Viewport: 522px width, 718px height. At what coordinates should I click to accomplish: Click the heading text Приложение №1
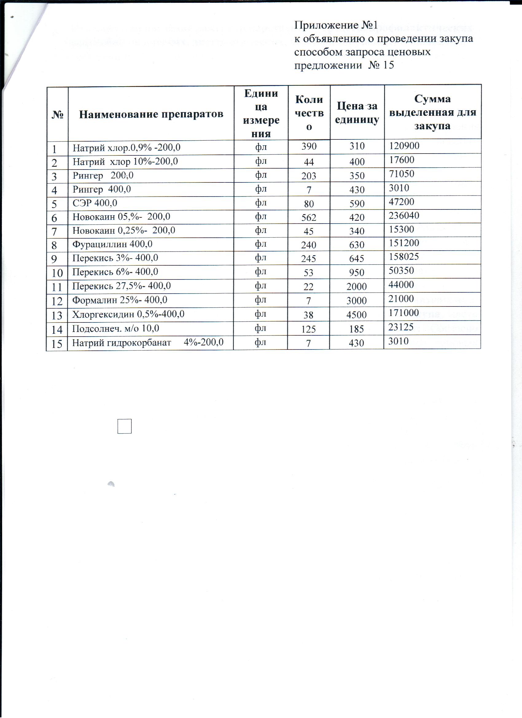[x=336, y=25]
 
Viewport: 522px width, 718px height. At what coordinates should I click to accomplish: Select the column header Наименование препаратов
[x=151, y=114]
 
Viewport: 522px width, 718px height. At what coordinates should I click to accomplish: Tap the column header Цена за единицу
[x=357, y=113]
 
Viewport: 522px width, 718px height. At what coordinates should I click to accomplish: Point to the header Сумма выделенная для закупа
[x=432, y=112]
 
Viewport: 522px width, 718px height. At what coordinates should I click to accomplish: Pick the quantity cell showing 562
[x=309, y=217]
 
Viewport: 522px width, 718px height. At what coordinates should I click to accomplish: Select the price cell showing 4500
[x=356, y=315]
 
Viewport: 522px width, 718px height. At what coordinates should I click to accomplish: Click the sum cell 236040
[x=404, y=216]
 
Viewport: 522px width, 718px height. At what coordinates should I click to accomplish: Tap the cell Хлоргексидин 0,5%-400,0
[x=128, y=314]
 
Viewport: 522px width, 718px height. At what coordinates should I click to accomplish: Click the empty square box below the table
[x=124, y=426]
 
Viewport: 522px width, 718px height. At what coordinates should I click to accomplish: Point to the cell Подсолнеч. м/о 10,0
[x=115, y=328]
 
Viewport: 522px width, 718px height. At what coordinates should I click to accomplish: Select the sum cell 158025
[x=403, y=256]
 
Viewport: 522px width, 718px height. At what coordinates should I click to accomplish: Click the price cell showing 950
[x=356, y=273]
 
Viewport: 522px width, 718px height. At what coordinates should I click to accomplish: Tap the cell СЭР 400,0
[x=95, y=203]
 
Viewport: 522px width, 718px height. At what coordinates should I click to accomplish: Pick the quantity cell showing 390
[x=309, y=146]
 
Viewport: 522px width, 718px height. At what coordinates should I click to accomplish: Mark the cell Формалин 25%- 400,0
[x=120, y=300]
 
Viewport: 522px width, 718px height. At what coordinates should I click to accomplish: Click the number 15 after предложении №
[x=388, y=65]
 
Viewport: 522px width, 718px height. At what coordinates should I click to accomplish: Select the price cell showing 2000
[x=356, y=287]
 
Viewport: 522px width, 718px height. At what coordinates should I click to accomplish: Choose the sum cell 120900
[x=404, y=146]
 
